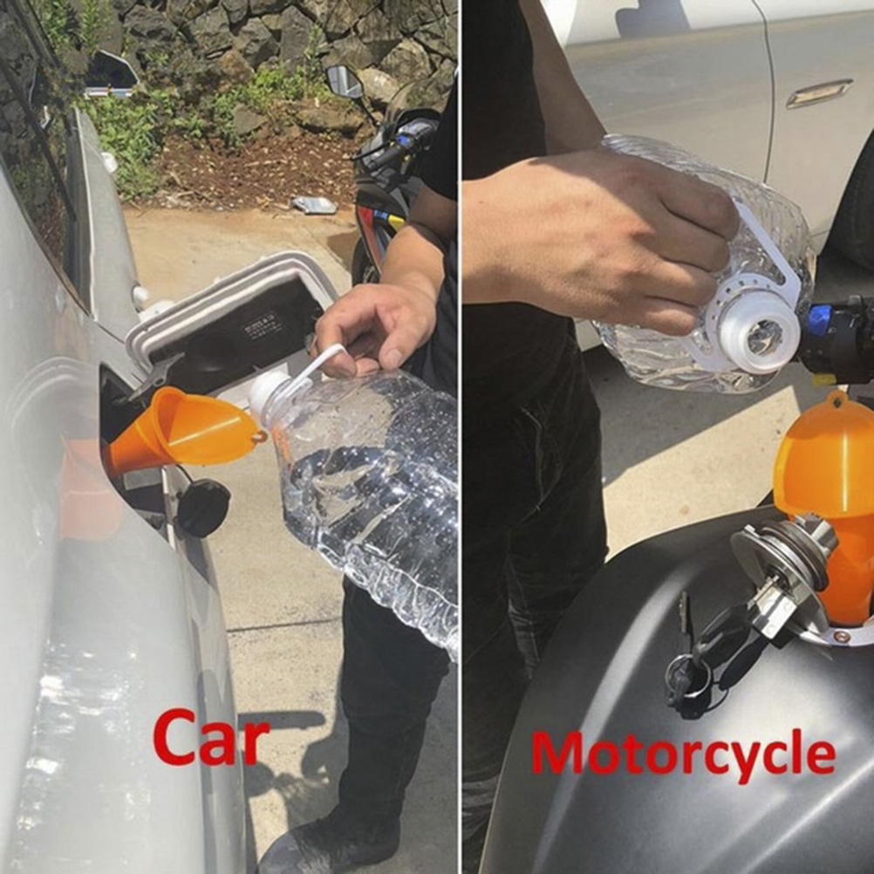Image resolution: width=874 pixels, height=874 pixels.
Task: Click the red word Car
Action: (211, 737)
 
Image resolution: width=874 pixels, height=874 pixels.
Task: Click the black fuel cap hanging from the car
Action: (203, 508)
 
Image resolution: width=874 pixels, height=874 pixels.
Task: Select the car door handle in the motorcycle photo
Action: (819, 93)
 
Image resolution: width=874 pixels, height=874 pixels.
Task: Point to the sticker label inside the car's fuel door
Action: (261, 325)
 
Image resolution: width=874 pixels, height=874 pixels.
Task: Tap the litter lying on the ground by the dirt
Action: (314, 205)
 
